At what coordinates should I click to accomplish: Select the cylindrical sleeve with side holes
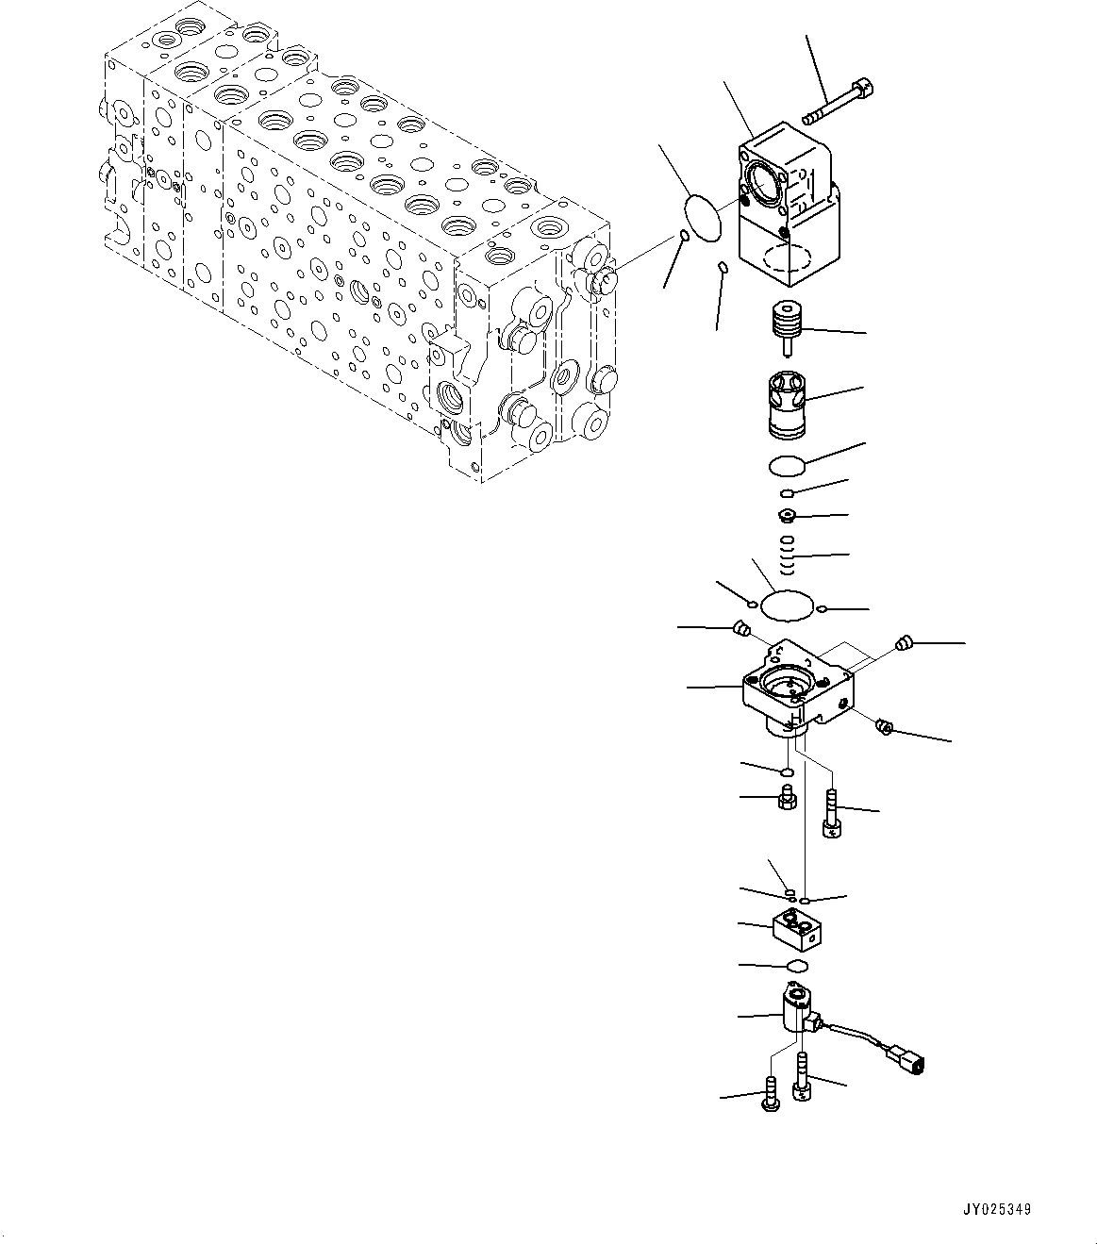(x=789, y=405)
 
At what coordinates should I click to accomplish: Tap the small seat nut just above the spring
(x=788, y=515)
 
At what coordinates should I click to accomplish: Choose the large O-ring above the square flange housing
(x=788, y=605)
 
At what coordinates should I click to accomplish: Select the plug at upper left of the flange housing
(x=741, y=629)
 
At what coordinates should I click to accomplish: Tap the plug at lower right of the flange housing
(x=885, y=726)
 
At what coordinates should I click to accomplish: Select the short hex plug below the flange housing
(x=786, y=800)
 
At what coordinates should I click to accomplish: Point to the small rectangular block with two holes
(x=798, y=928)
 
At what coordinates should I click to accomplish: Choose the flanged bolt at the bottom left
(x=769, y=1098)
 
